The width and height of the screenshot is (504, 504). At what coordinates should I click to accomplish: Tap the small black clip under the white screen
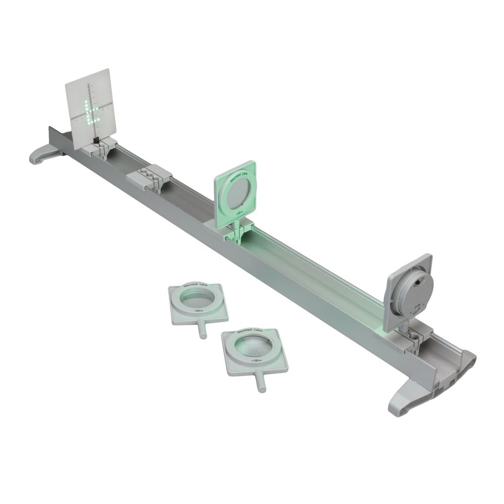(x=95, y=136)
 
